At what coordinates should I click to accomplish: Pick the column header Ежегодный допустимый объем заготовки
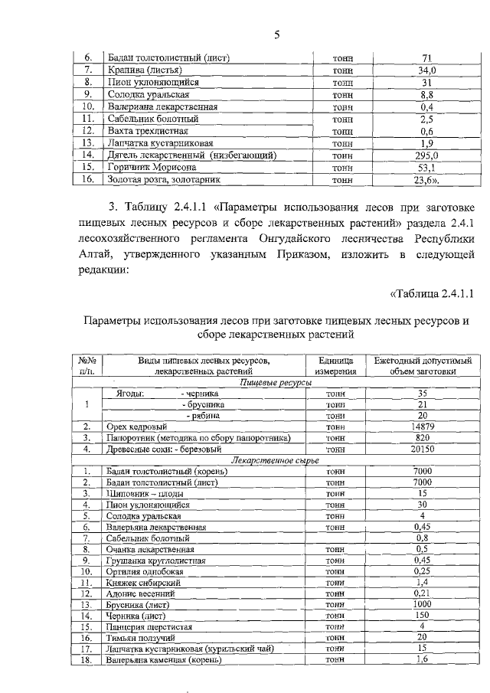422,364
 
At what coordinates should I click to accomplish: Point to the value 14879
422,427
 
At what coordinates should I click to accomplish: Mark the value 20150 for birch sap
422,449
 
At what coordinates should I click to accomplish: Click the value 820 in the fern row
422,438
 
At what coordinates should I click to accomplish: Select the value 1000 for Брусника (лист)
422,604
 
